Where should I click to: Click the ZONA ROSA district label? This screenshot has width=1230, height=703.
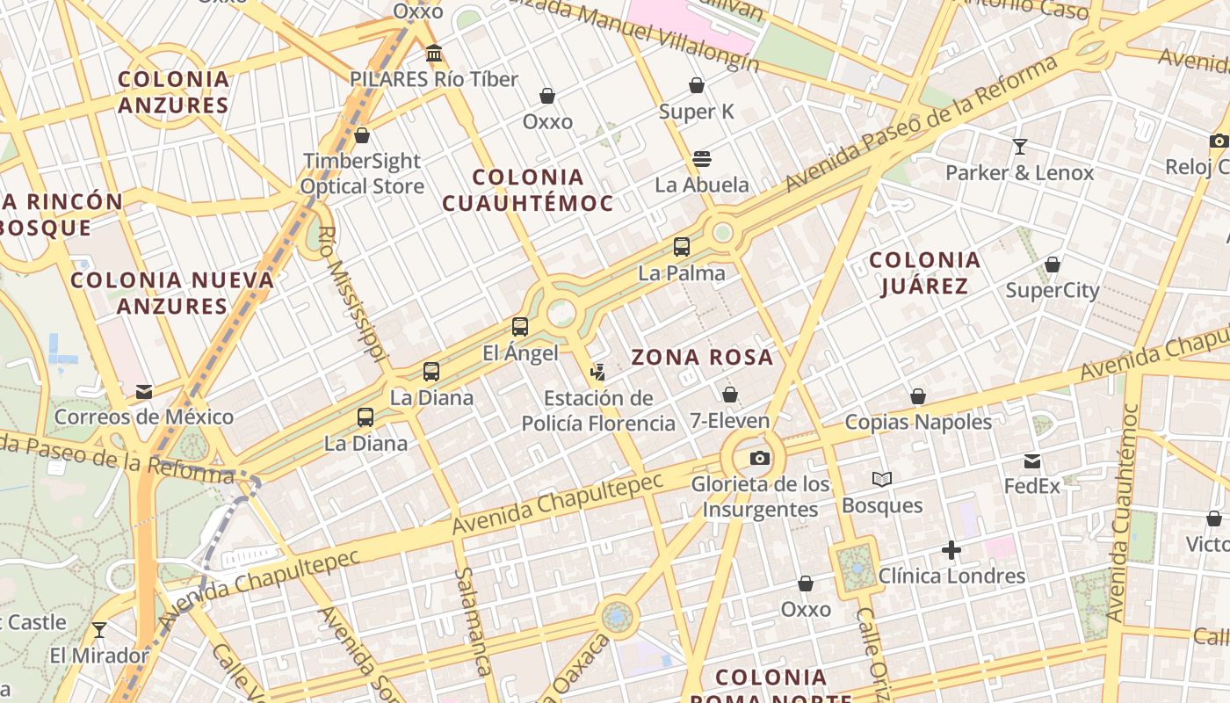702,357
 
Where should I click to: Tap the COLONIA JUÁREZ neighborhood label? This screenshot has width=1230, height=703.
924,272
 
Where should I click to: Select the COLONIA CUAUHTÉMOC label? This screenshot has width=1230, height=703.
527,190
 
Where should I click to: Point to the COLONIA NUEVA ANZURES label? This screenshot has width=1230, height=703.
172,293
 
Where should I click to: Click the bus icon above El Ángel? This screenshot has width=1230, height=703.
520,328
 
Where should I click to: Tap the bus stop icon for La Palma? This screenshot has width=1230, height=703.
682,247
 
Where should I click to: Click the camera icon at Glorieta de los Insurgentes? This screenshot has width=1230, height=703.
760,458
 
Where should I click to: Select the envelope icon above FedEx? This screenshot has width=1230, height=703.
1032,460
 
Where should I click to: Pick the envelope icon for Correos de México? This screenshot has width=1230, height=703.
144,391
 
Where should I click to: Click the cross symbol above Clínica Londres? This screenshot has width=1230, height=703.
951,551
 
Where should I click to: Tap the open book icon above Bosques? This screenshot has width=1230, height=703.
882,479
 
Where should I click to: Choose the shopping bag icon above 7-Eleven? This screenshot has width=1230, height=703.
729,395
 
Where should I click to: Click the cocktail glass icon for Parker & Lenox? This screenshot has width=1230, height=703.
1020,147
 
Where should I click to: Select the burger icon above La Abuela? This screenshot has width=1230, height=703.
701,159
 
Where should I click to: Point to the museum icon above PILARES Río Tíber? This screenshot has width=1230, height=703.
433,54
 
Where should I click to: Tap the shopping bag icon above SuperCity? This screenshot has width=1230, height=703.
1053,265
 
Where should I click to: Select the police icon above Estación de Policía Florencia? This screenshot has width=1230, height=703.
598,373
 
